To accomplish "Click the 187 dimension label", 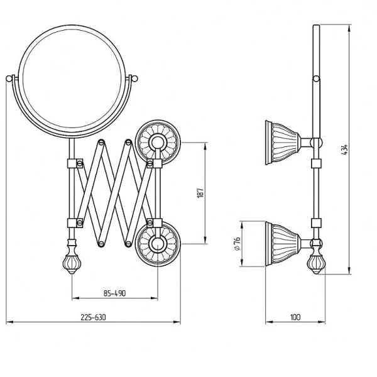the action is click(200, 193).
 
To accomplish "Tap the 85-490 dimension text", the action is click(115, 293).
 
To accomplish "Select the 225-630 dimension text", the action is click(93, 317).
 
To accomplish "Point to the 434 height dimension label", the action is click(344, 150).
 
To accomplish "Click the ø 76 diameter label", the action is click(237, 244).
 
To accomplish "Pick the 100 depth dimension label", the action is click(295, 317).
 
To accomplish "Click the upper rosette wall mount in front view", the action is click(158, 143).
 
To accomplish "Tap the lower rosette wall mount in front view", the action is click(158, 244).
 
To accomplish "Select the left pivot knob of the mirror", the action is click(9, 79).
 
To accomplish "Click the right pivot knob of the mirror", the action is click(134, 79).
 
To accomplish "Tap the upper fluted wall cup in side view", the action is click(283, 143).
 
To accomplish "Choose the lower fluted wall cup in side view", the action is click(283, 244).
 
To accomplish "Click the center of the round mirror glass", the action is click(72, 79).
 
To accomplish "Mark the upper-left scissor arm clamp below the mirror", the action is click(75, 163).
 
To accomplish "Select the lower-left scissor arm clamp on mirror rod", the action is click(75, 223).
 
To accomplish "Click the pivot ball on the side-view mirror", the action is click(317, 79).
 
